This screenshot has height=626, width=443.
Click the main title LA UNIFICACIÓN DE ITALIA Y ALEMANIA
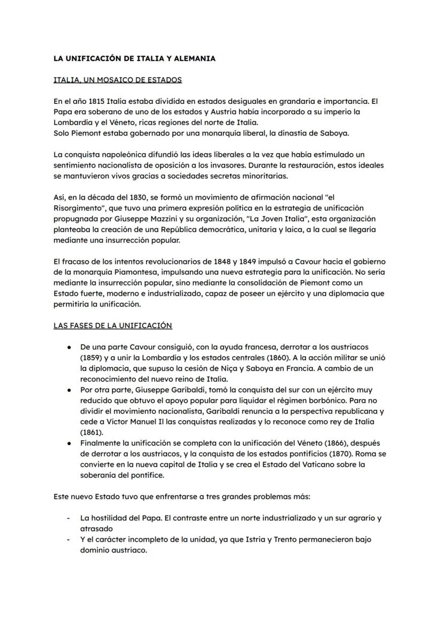point(134,58)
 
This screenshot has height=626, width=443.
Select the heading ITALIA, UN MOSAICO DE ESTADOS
point(118,80)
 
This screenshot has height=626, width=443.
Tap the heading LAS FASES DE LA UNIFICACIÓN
point(113,325)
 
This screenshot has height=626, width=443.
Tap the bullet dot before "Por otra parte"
point(70,390)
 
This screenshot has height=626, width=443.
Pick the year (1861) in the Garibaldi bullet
point(91,432)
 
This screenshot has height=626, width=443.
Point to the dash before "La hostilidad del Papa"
point(68,518)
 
